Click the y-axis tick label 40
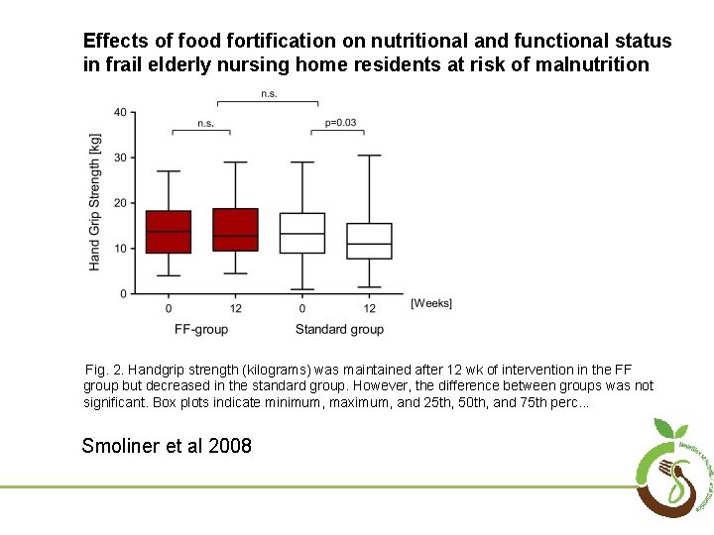click(119, 112)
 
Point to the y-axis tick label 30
click(119, 158)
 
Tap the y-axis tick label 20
click(119, 203)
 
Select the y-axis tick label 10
click(119, 249)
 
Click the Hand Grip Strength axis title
click(95, 202)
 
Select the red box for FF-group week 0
click(169, 232)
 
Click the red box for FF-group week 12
click(235, 229)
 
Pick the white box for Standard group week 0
click(302, 233)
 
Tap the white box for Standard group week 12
click(369, 241)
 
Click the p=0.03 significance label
click(340, 123)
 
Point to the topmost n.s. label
click(269, 94)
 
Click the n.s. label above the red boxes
click(205, 123)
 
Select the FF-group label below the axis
click(201, 329)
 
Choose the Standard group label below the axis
click(339, 329)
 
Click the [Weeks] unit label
click(431, 303)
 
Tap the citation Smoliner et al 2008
click(167, 446)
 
